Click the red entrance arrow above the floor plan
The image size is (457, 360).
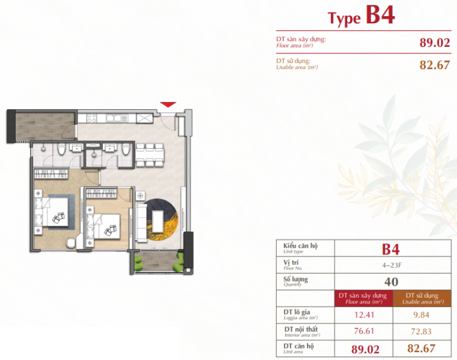coord(169,105)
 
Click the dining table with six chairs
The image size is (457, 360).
coord(148,154)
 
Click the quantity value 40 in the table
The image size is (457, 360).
coord(390,280)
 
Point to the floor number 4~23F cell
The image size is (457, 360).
coord(390,264)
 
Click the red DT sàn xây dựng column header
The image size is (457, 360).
coord(362,298)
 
